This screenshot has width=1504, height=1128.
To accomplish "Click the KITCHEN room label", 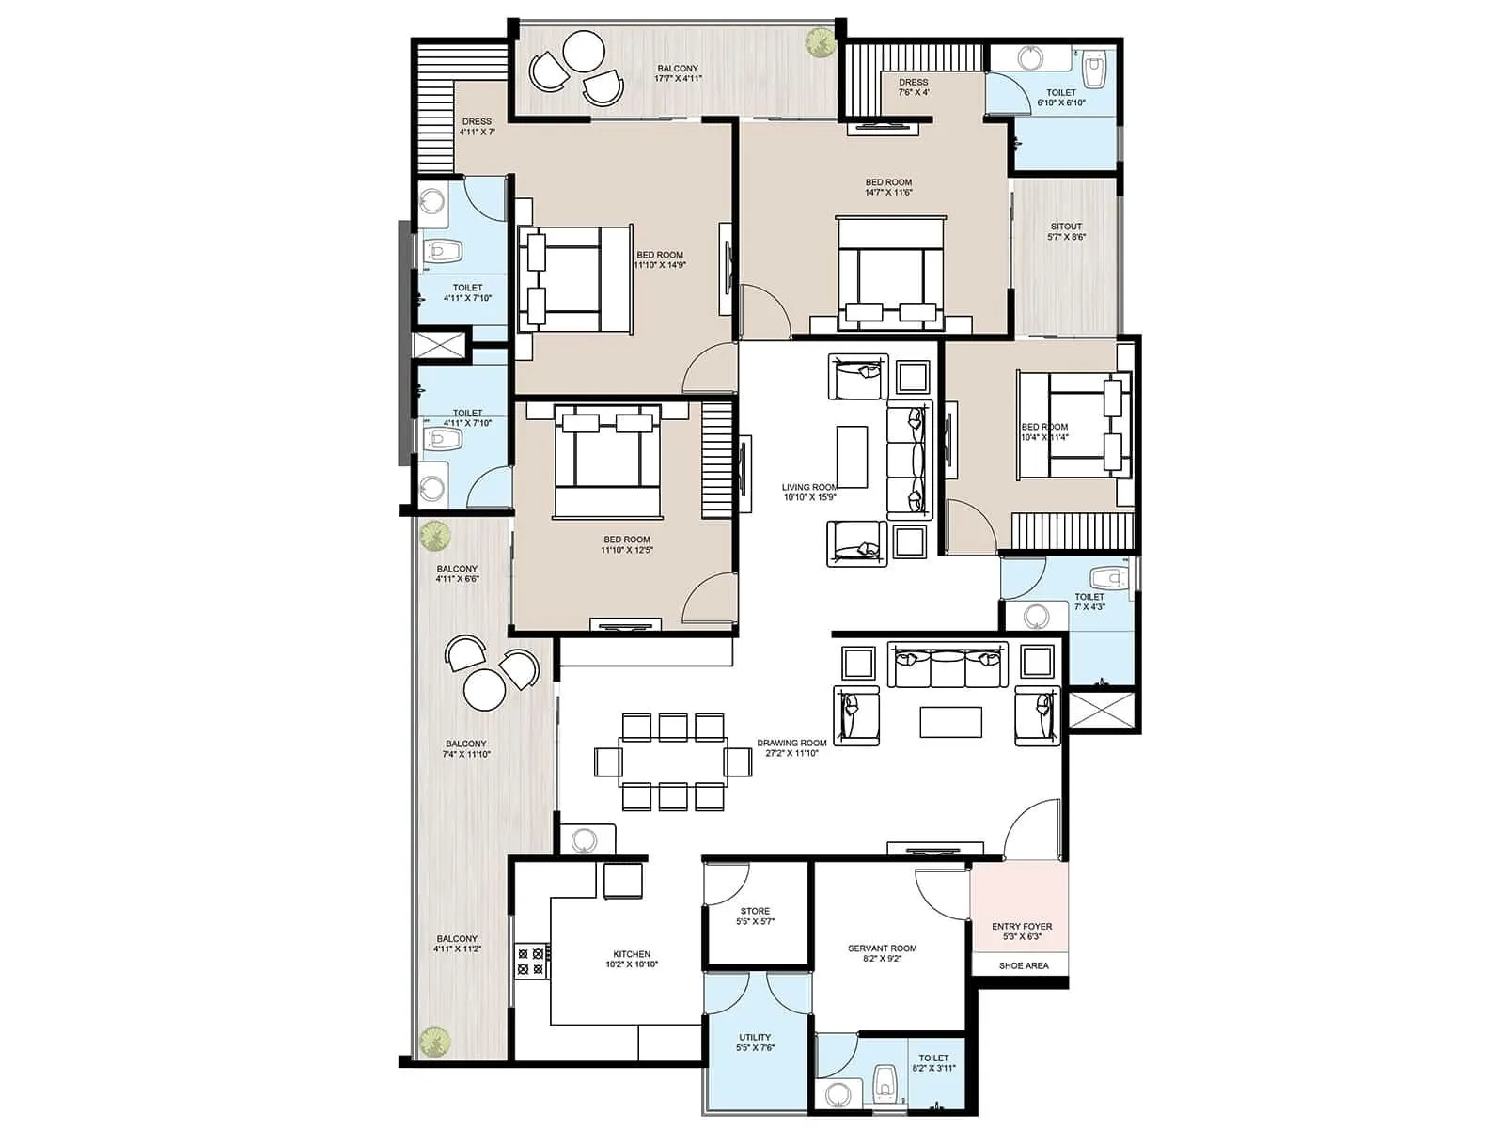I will point(632,959).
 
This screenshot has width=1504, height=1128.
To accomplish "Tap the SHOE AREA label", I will point(1024,965).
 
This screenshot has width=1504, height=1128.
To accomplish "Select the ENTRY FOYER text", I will point(1022,931).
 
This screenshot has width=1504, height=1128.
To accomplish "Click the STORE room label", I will point(755,916).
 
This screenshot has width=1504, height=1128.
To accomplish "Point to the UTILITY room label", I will point(755,1042).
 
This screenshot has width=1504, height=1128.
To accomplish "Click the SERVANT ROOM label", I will point(882,953).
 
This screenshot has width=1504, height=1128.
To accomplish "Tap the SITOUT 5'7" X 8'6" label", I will point(1066,231).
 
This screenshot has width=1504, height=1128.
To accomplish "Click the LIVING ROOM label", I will point(809,492).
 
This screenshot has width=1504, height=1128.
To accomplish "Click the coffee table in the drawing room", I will point(950,722).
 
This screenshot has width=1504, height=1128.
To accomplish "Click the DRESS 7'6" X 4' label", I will point(913,86).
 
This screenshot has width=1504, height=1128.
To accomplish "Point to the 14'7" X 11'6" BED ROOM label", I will point(888,187).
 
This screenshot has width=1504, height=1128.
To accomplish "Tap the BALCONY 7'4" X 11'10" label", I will point(466,748).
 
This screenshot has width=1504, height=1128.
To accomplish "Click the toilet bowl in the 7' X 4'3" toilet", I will point(1107,576).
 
